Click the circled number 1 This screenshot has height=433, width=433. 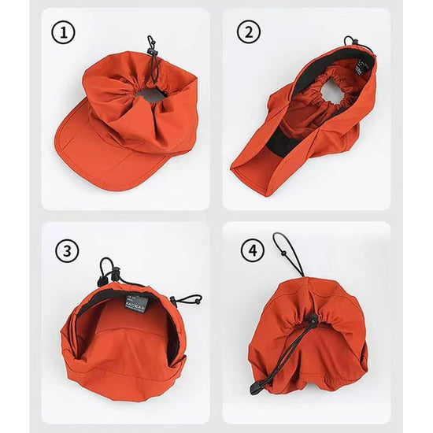pos(63,33)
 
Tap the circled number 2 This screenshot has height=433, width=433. pos(250,32)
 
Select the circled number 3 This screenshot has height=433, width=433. pos(68,250)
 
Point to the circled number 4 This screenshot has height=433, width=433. pos(252,250)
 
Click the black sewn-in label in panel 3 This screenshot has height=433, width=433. pos(136,303)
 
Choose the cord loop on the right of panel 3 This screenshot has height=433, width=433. pos(187,299)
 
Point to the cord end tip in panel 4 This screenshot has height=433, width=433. pos(256,388)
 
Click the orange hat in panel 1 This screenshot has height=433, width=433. pos(126,118)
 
